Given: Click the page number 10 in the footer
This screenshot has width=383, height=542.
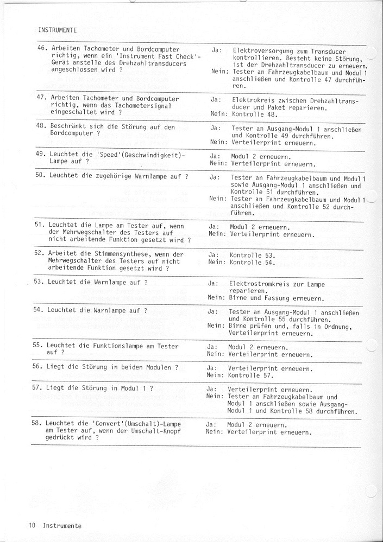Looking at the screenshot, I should (x=33, y=525).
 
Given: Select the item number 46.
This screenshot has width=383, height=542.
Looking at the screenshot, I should (x=41, y=49).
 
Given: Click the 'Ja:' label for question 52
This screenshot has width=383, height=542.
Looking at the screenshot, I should (x=213, y=254).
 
